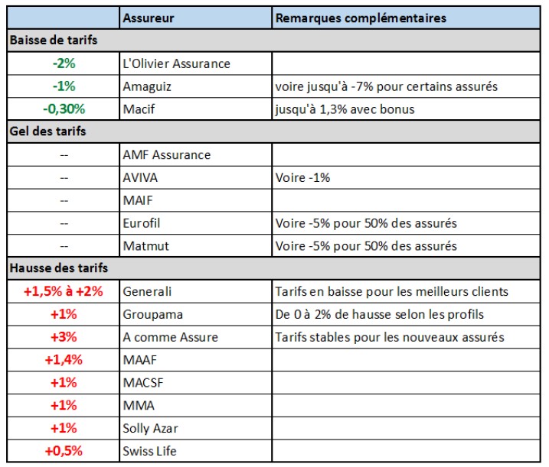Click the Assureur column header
(x=148, y=18)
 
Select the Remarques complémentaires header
(x=361, y=18)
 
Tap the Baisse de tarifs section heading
(x=53, y=40)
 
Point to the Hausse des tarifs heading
(x=58, y=268)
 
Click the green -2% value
(x=64, y=63)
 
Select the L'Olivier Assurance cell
(x=176, y=63)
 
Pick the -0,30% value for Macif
(x=64, y=109)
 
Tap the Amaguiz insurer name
(x=147, y=86)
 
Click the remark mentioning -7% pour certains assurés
(x=386, y=86)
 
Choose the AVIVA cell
(x=141, y=177)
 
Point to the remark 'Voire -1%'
(x=302, y=177)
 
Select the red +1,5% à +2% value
(x=64, y=291)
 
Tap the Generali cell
(x=147, y=291)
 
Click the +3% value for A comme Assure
(x=64, y=337)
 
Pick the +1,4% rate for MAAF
(x=64, y=360)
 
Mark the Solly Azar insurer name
(x=150, y=428)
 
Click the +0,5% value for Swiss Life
(x=64, y=451)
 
